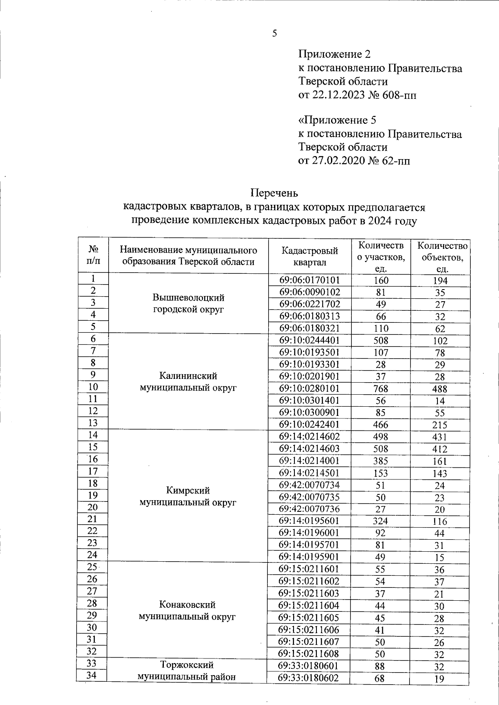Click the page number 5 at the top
coord(274,34)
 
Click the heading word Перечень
coord(274,193)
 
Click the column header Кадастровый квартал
coord(309,256)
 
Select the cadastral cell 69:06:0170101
coord(309,280)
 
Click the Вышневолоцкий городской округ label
coord(188,303)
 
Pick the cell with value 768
coord(380,388)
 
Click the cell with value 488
coord(440,389)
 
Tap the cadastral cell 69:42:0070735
coord(309,497)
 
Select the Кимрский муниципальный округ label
coord(188,496)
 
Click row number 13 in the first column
coord(93,423)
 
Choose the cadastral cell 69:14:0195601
coord(309,521)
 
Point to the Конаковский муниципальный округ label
coord(187,611)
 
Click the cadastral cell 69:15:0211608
coord(309,653)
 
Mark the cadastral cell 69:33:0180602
coord(309,678)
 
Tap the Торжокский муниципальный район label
coord(187,671)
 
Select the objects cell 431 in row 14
coord(440,437)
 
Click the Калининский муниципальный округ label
coord(188,382)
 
